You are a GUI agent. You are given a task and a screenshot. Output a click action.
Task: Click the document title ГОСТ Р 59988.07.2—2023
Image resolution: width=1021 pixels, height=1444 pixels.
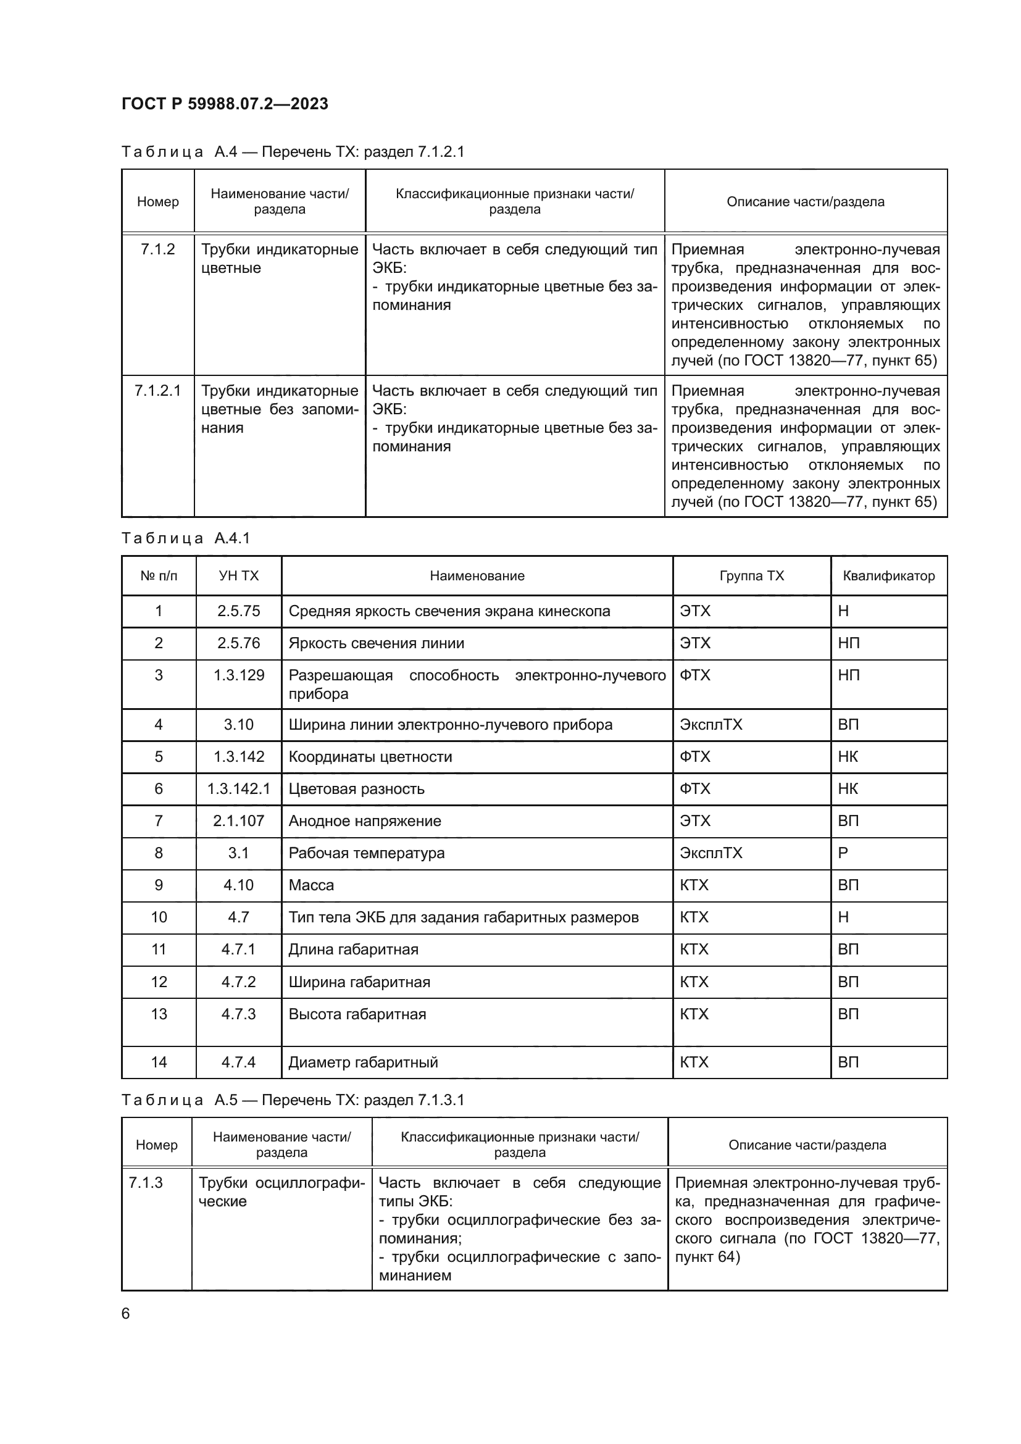point(225,104)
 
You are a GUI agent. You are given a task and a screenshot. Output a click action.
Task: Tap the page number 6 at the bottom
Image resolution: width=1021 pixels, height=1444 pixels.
point(126,1314)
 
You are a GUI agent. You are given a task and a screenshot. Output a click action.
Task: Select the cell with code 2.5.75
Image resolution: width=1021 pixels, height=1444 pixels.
point(238,611)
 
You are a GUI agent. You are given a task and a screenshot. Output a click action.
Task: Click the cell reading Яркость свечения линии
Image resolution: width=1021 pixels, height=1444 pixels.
point(376,643)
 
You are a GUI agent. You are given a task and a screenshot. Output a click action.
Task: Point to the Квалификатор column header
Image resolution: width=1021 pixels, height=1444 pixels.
point(888,576)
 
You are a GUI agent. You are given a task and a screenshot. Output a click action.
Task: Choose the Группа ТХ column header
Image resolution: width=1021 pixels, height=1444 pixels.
point(751,576)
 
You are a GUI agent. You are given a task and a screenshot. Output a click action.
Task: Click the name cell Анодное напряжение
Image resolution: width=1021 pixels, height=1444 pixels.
point(365,820)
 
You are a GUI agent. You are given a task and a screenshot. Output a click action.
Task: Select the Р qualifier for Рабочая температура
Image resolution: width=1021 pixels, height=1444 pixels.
point(843,853)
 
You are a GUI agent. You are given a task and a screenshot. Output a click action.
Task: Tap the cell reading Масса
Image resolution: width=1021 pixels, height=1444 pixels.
point(311,885)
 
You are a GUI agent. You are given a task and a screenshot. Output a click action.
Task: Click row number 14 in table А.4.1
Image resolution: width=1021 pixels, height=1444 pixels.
point(159,1062)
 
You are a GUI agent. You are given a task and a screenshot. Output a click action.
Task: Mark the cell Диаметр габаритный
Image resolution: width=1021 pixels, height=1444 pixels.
point(363,1062)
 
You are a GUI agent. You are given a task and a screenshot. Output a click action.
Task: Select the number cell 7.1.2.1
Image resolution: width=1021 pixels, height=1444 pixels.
point(157,391)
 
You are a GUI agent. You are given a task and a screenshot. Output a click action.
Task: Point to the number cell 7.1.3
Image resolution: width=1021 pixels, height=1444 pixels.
point(145,1183)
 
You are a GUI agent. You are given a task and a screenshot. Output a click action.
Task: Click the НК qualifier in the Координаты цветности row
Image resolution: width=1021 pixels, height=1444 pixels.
point(848,757)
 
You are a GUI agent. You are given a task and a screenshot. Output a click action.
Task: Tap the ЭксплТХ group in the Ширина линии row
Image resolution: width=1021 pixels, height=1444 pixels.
point(711,725)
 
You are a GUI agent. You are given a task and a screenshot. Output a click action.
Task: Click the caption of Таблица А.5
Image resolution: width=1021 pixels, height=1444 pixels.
point(293,1100)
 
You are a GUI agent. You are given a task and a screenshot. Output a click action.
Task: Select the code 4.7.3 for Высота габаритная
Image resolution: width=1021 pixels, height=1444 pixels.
point(238,1014)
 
